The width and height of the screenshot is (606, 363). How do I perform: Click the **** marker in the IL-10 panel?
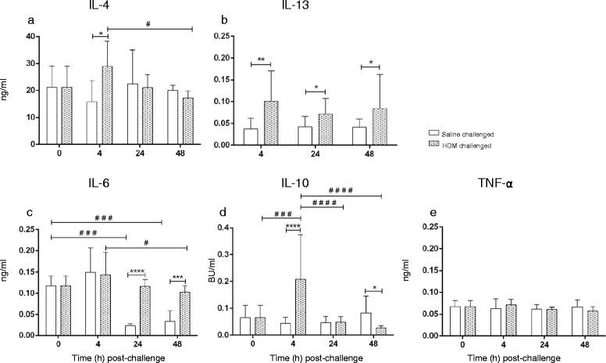coord(294,226)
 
